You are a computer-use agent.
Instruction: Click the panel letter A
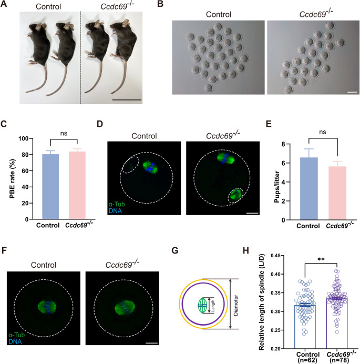(5, 5)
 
